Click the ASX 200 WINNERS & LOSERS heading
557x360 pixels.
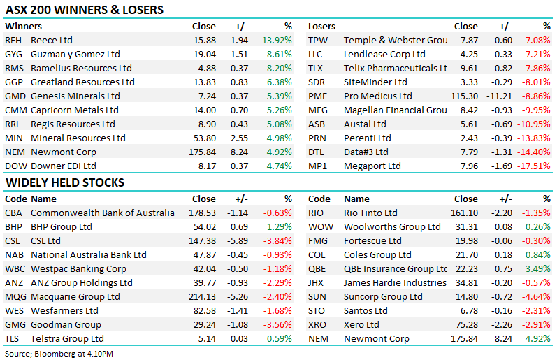pyautogui.click(x=84, y=10)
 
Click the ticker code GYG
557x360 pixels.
pyautogui.click(x=13, y=55)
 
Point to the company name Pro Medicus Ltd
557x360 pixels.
pyautogui.click(x=378, y=96)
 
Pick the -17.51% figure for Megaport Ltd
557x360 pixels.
pyautogui.click(x=535, y=166)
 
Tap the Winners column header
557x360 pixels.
pyautogui.click(x=23, y=27)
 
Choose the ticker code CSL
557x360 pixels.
pyautogui.click(x=13, y=241)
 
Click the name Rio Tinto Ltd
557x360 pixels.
pyautogui.click(x=370, y=213)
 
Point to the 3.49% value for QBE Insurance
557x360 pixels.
pyautogui.click(x=537, y=269)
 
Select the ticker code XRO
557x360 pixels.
pyautogui.click(x=318, y=325)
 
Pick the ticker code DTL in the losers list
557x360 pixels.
pyautogui.click(x=317, y=152)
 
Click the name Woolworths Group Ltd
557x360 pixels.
pyautogui.click(x=392, y=227)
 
